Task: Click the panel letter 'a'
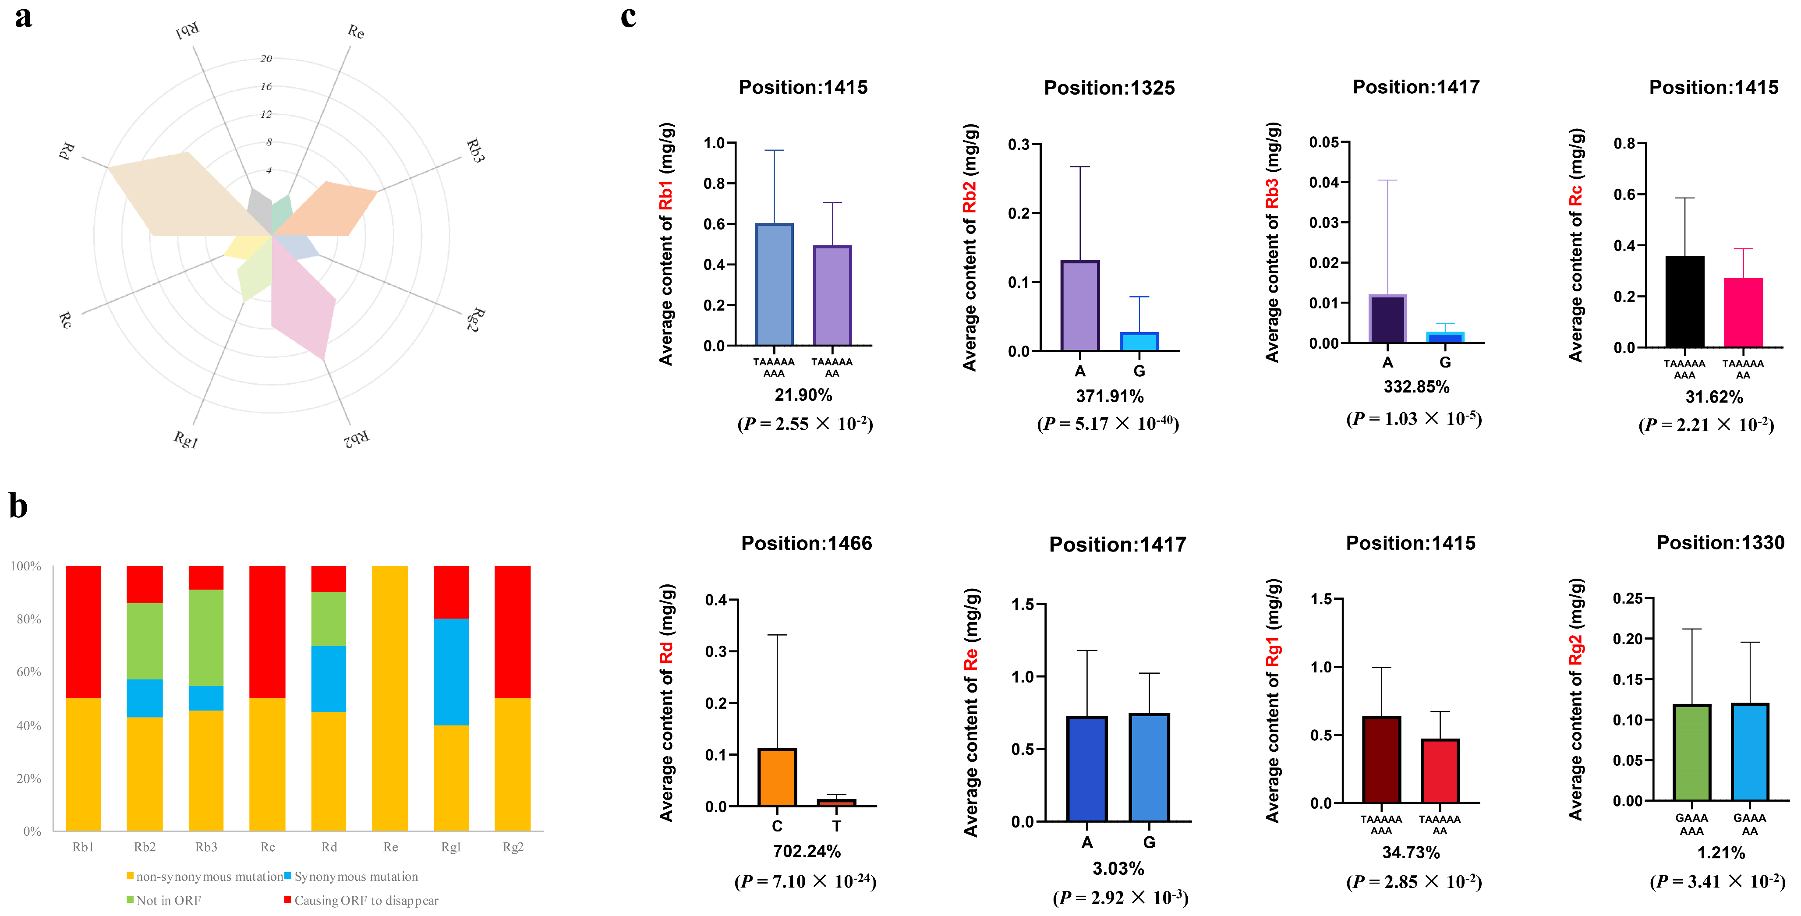[23, 17]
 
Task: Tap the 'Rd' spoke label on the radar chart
[67, 150]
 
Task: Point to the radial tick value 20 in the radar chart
[265, 59]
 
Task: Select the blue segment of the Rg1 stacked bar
[451, 671]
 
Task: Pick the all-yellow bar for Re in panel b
[390, 698]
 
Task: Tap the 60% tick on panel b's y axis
[28, 672]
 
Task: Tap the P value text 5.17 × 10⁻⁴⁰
[1108, 424]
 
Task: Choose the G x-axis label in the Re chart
[1149, 842]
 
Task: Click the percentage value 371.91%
[1110, 396]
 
